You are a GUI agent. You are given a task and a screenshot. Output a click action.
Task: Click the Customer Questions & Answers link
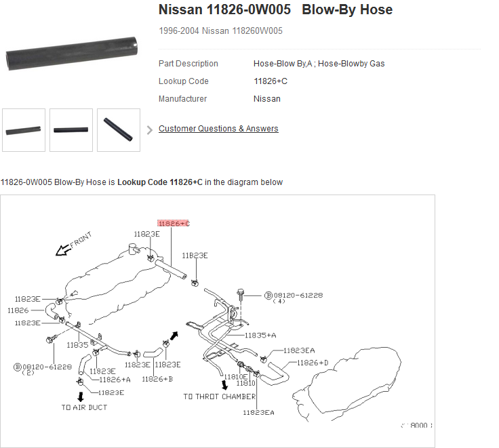click(x=218, y=129)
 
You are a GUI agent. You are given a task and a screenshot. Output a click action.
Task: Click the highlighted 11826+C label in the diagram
click(x=174, y=223)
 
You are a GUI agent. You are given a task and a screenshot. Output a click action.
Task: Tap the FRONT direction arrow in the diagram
click(x=64, y=250)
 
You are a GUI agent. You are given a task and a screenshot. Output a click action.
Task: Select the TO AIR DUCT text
click(x=84, y=407)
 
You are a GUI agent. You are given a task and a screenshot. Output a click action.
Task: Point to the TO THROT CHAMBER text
click(x=219, y=396)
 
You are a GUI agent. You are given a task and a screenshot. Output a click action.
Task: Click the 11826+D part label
click(x=312, y=363)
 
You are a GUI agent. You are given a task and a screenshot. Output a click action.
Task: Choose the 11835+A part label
click(x=260, y=335)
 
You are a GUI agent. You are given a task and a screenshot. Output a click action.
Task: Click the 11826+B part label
click(x=157, y=379)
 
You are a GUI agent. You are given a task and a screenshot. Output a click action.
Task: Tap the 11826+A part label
click(x=115, y=380)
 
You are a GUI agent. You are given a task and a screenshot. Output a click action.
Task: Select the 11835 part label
click(x=77, y=345)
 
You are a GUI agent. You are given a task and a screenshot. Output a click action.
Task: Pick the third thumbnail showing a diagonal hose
click(x=119, y=129)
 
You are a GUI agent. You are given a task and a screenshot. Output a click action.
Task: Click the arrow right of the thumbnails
click(x=149, y=130)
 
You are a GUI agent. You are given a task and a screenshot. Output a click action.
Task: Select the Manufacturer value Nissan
click(x=267, y=99)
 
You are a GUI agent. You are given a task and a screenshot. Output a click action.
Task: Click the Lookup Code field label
click(x=184, y=81)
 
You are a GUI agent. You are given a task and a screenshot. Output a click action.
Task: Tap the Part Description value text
click(x=319, y=64)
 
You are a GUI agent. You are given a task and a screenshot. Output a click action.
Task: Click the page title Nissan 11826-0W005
click(x=224, y=10)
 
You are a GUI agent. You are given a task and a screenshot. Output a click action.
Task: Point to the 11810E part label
click(x=236, y=376)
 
